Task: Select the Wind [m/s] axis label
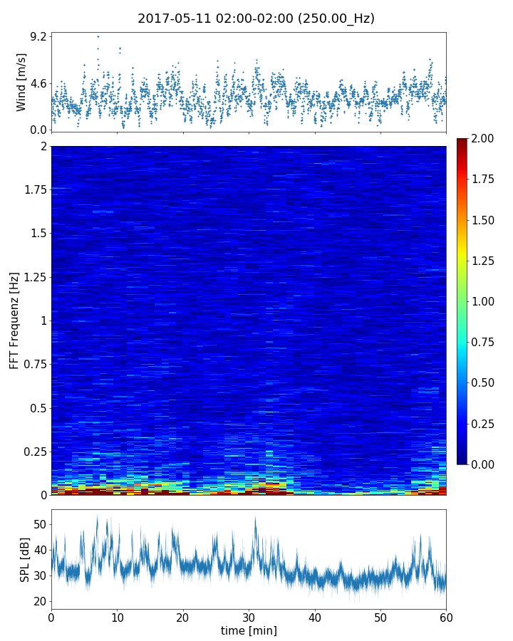(x=21, y=82)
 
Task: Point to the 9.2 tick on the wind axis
(x=38, y=36)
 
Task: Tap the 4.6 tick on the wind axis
(x=38, y=83)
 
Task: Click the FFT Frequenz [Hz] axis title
(x=14, y=320)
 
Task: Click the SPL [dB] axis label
(x=24, y=559)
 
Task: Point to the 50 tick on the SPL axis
(x=40, y=524)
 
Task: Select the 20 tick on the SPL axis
(x=40, y=601)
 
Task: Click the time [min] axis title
(x=249, y=630)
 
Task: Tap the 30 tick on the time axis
(x=249, y=616)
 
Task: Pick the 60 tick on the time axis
(x=446, y=616)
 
